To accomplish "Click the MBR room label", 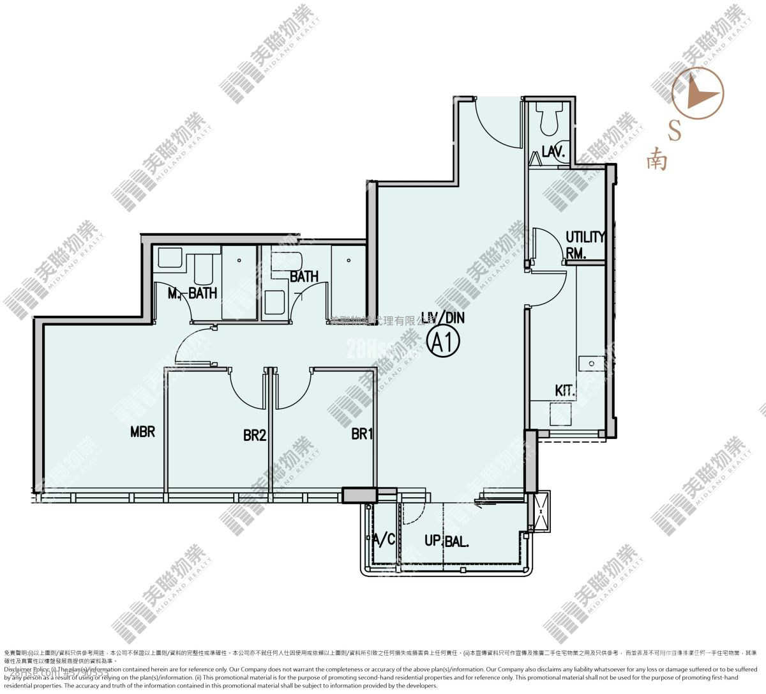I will coord(142,432).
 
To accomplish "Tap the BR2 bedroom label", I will coord(255,436).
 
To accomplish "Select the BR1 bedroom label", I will coord(362,435).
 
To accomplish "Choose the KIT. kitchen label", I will coord(565,390).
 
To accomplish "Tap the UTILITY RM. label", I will coord(583,244).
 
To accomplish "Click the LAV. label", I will coord(552,151).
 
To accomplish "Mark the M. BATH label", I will coord(192,293).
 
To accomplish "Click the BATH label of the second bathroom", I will coord(304,277).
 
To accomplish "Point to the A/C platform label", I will coord(384,540).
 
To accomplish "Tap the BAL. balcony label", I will coord(456,542).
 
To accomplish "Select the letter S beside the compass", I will coord(675,130).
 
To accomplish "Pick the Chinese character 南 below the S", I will coord(656,159).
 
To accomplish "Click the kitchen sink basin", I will coord(590,364).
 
